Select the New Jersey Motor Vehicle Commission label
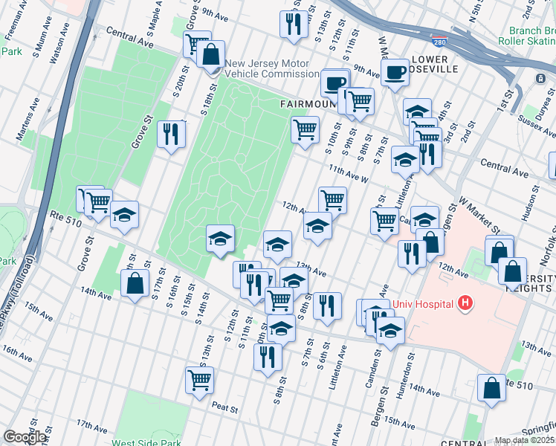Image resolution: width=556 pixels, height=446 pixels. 272,68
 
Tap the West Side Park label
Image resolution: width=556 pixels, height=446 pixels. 146,443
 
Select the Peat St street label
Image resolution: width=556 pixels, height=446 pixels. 224,408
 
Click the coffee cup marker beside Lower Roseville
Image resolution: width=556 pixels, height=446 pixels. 395,72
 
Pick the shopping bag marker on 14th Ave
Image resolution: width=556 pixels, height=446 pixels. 135,283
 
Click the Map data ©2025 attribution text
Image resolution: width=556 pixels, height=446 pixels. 525,440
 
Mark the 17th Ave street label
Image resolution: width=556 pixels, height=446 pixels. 91,427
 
